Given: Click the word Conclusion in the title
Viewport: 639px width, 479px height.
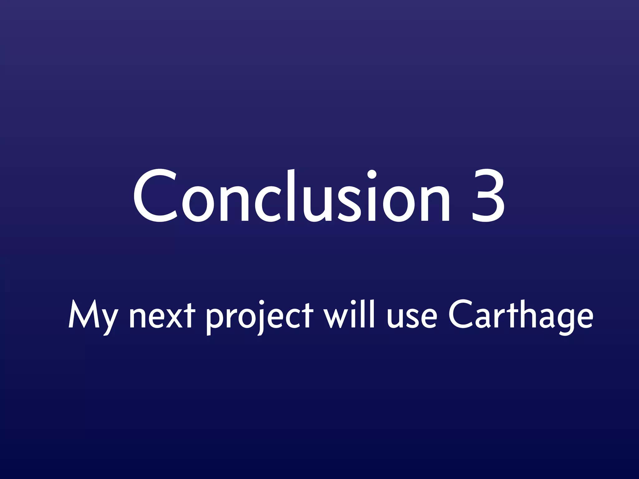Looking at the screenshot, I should (292, 196).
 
